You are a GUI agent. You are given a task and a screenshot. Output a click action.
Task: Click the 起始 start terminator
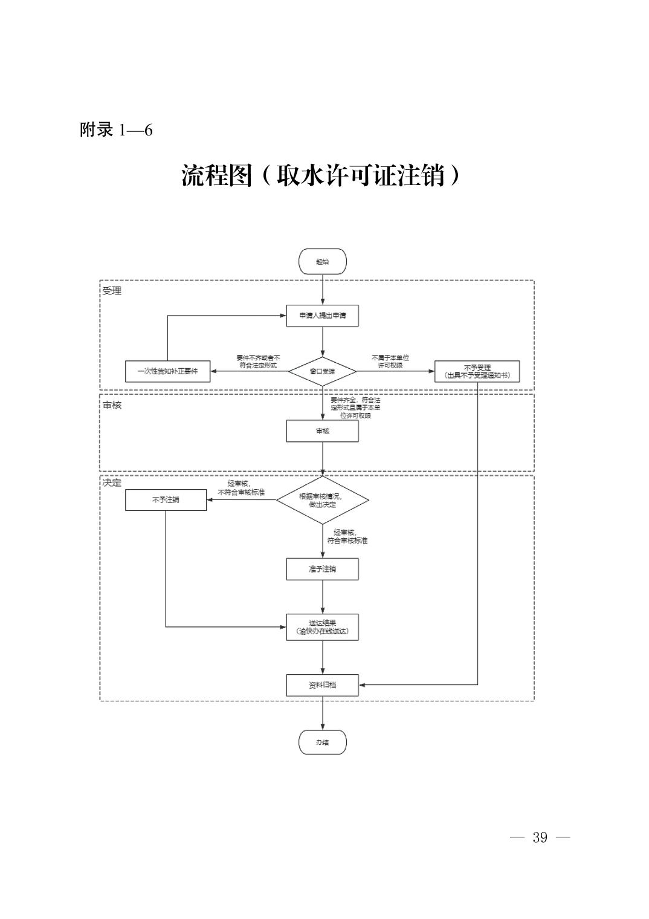coord(323,262)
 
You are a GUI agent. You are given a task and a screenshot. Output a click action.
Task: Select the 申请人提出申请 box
coord(323,316)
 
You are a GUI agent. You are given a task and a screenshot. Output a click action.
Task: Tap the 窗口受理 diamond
coord(322,371)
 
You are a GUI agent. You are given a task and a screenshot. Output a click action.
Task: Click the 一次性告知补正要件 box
coord(167,371)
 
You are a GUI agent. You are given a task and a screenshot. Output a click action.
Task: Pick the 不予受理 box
coord(477,371)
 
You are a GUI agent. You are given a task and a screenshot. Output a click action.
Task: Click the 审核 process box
coord(323,431)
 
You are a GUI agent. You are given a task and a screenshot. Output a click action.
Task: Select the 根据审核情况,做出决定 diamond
coord(322,500)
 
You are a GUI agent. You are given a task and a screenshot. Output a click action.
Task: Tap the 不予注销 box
coord(166,500)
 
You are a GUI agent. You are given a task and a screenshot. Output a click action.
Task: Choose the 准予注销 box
coord(323,569)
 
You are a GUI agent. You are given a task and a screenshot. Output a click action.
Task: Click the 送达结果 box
coord(323,627)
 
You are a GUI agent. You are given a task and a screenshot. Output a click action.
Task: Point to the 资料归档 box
coord(323,685)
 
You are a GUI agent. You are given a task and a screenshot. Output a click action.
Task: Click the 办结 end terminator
coord(323,742)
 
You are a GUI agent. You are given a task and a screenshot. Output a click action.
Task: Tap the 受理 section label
coord(112,291)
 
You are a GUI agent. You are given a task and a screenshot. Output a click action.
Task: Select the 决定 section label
coord(112,483)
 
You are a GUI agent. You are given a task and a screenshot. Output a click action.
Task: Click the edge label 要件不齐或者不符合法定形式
coord(258,362)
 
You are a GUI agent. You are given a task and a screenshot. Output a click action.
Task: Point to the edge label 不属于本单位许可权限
coord(390,362)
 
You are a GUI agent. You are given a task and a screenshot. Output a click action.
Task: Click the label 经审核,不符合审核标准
coord(241,488)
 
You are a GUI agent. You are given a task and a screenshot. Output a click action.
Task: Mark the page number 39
coord(540,837)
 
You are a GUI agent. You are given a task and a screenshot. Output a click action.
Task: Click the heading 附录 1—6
coord(116,130)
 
